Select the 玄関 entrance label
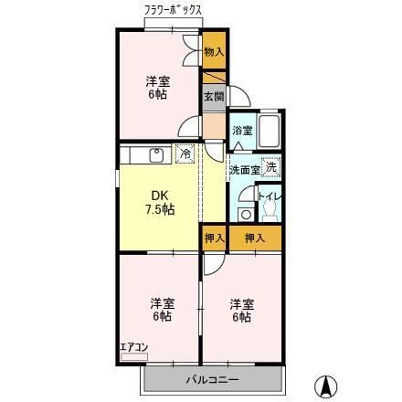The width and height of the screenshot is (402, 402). click(214, 95)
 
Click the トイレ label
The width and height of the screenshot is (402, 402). click(266, 196)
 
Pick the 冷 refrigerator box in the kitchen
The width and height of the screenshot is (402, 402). click(185, 154)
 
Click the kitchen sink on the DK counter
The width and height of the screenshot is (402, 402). click(155, 153)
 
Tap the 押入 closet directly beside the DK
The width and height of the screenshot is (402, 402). click(214, 238)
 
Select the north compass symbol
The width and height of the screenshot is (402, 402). click(323, 385)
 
